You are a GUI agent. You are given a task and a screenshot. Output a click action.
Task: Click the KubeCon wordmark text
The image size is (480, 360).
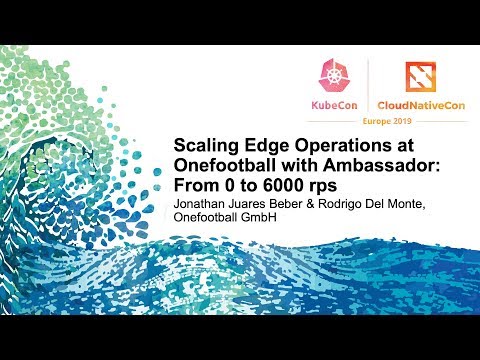(x=336, y=105)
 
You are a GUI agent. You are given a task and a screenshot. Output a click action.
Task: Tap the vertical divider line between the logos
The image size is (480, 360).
(x=370, y=85)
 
